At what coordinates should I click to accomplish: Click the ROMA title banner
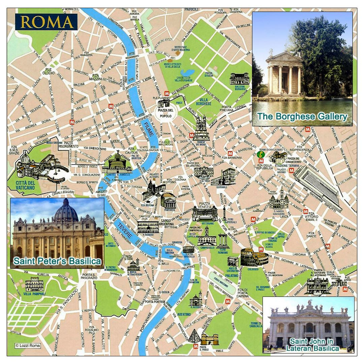[47, 22]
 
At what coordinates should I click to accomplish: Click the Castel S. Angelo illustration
[117, 163]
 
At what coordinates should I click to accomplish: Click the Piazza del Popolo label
[165, 113]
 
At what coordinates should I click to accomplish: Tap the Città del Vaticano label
[26, 185]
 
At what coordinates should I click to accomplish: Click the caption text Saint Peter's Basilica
[57, 261]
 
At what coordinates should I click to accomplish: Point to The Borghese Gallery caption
[302, 117]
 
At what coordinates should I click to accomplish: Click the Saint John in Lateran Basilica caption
[312, 345]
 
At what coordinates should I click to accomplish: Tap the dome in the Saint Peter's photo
[66, 211]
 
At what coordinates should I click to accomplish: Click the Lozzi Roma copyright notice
[28, 345]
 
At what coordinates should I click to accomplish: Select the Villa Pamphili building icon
[34, 284]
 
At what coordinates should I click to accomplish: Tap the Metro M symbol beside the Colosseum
[261, 249]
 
